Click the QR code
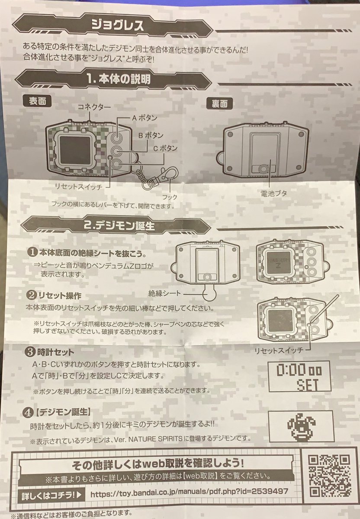point(328,474)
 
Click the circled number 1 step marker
point(32,252)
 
